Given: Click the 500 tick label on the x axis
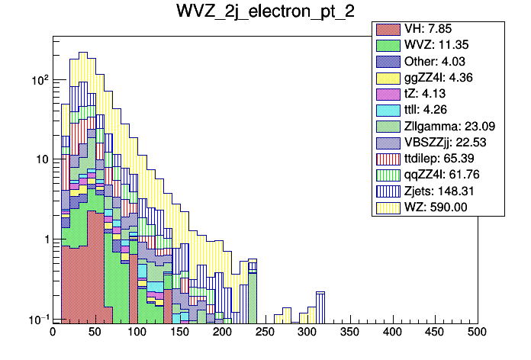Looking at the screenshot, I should pos(477,333).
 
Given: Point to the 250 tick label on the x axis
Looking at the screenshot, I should pos(265,333).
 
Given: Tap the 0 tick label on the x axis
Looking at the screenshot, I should pos(53,333).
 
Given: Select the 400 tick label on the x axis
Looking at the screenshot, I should pos(392,333).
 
